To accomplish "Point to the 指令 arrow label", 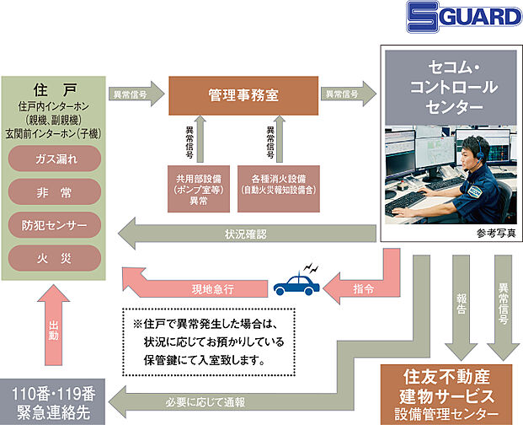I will click(365, 288).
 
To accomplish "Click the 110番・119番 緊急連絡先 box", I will click(54, 402).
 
